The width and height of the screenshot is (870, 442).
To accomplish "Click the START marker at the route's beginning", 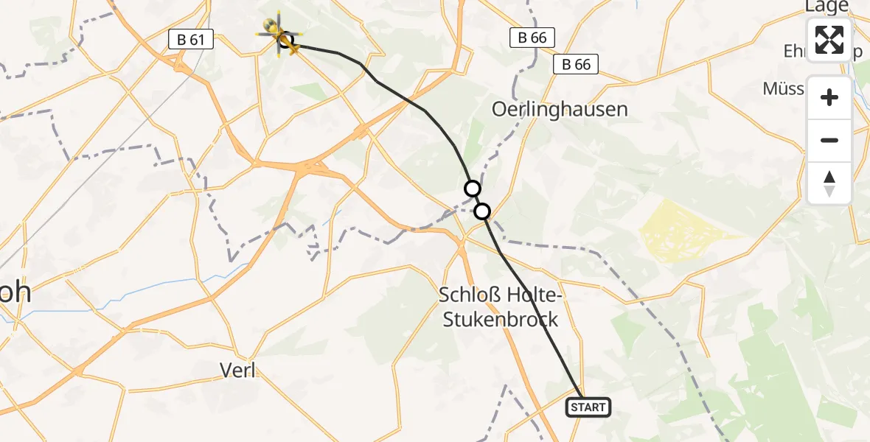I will [x=588, y=407].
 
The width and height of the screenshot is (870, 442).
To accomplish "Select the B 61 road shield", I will [x=190, y=40].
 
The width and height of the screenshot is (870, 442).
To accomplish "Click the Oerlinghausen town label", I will [x=560, y=110].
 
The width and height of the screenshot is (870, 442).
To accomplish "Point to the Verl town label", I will [x=238, y=370].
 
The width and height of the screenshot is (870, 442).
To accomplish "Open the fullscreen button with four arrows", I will [x=829, y=40].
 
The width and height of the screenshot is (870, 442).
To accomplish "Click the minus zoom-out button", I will [x=829, y=140].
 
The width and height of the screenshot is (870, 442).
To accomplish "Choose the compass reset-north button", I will [x=829, y=183].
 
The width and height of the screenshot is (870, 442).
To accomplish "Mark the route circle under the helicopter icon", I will [x=286, y=40].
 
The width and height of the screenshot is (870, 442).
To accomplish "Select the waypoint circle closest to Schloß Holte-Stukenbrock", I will [x=481, y=212].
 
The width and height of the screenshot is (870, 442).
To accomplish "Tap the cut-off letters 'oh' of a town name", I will [x=15, y=292].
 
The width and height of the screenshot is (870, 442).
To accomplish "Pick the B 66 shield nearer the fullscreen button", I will [x=576, y=64].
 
